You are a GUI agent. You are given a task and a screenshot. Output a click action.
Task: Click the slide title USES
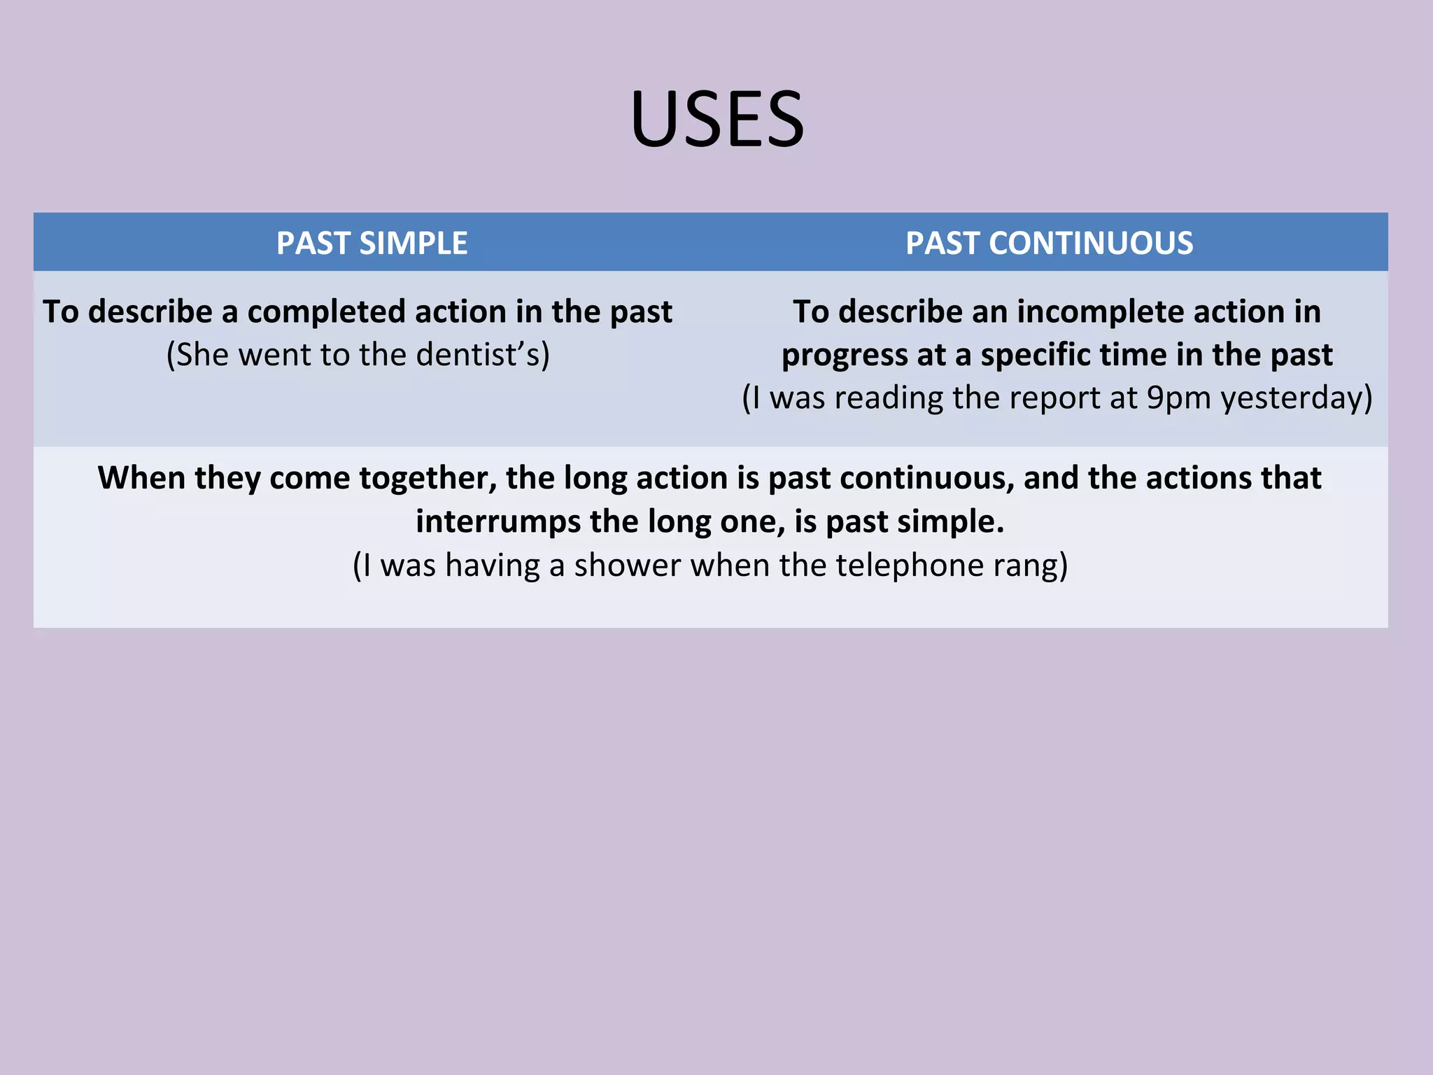(717, 119)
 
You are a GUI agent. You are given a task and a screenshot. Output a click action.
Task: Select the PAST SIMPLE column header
(372, 244)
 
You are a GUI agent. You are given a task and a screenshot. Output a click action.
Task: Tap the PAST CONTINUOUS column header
(1049, 244)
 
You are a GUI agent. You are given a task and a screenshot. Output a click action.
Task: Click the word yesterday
(1296, 398)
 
